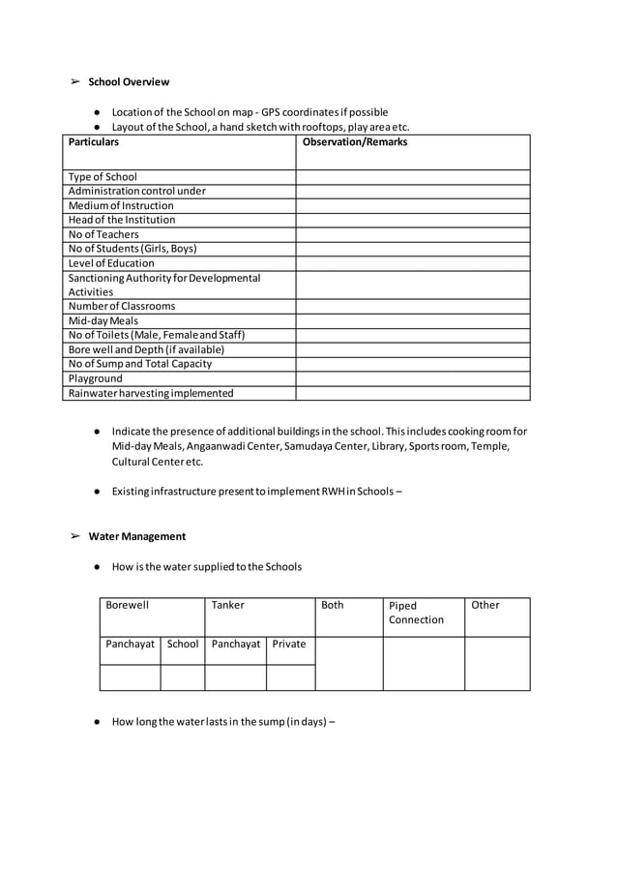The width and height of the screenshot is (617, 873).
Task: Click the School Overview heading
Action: tap(129, 82)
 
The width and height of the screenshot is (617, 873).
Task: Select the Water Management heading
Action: tap(136, 536)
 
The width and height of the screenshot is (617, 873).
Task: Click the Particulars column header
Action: tap(94, 142)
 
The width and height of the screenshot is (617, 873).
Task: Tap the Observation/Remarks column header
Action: tap(355, 142)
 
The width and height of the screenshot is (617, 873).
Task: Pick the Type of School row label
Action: tap(103, 177)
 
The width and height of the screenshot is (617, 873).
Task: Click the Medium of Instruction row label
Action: tap(121, 205)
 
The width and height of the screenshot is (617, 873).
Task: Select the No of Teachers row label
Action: tap(103, 234)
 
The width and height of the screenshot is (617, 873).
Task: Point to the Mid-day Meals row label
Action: tap(103, 320)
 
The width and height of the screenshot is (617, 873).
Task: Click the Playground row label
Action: tap(95, 378)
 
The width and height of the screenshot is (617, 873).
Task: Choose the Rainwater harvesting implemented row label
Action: tap(151, 393)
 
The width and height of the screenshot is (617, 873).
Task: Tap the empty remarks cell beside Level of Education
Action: tap(413, 263)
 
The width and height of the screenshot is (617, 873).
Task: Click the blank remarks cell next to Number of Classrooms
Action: tap(413, 307)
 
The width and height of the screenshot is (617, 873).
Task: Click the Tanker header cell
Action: tap(228, 605)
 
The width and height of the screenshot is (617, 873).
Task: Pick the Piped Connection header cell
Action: tap(416, 613)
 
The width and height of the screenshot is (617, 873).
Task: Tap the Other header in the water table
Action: tap(485, 605)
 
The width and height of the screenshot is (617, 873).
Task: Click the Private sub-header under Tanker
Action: tap(288, 644)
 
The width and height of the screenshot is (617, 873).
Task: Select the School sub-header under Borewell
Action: tap(183, 644)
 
